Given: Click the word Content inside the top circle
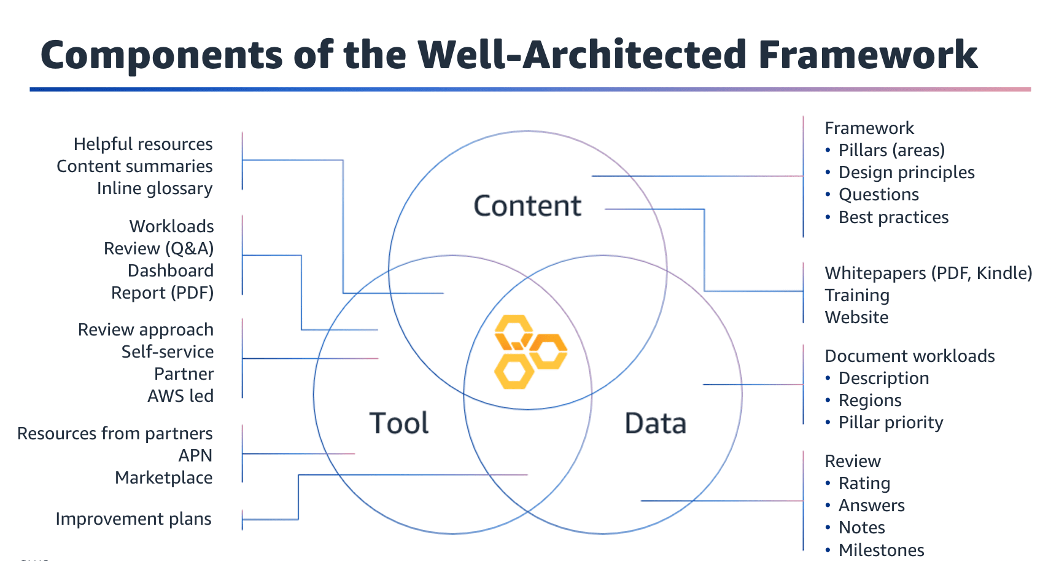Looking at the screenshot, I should tap(527, 206).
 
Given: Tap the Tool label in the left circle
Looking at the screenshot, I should tap(399, 423).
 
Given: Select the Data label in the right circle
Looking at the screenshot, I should tap(655, 423).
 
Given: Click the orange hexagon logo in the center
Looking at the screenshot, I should tap(530, 351).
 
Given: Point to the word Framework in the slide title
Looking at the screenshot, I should tap(867, 55).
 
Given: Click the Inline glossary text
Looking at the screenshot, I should tap(155, 189).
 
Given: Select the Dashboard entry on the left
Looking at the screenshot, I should tap(171, 271).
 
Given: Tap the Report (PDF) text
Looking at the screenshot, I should tap(162, 293).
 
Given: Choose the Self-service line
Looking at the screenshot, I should tap(168, 352).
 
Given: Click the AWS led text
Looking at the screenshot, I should tap(180, 396).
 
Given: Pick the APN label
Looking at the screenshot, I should tap(195, 456).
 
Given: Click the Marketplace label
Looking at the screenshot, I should tap(164, 478).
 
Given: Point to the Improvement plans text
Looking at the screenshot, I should tap(133, 519).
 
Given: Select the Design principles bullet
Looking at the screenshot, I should tap(906, 173).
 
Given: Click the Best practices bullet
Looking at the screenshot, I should tap(893, 218).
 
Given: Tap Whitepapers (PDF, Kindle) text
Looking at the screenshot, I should tap(928, 273).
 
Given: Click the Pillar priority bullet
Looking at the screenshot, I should tap(890, 423).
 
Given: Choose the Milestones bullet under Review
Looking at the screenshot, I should tap(881, 550).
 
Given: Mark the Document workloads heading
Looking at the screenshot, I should tap(909, 356).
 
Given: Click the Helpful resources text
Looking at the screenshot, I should tap(143, 144).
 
